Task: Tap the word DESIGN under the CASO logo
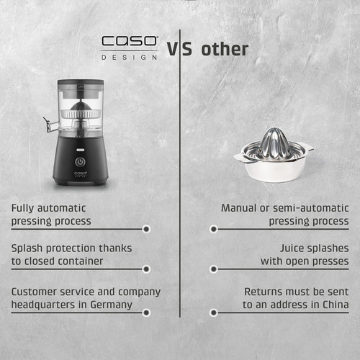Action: [x=129, y=57]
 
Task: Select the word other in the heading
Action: [x=225, y=49]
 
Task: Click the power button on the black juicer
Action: [x=81, y=162]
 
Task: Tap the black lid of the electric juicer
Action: [x=81, y=84]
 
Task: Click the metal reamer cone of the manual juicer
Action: [x=274, y=140]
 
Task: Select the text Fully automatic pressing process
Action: [x=51, y=215]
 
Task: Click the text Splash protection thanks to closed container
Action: [x=71, y=254]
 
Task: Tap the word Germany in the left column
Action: [x=112, y=305]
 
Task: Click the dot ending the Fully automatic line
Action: [x=146, y=229]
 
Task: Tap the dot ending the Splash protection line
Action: [x=146, y=269]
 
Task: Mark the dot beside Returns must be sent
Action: [x=213, y=312]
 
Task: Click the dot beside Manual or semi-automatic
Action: [x=213, y=229]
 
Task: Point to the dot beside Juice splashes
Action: [x=213, y=269]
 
